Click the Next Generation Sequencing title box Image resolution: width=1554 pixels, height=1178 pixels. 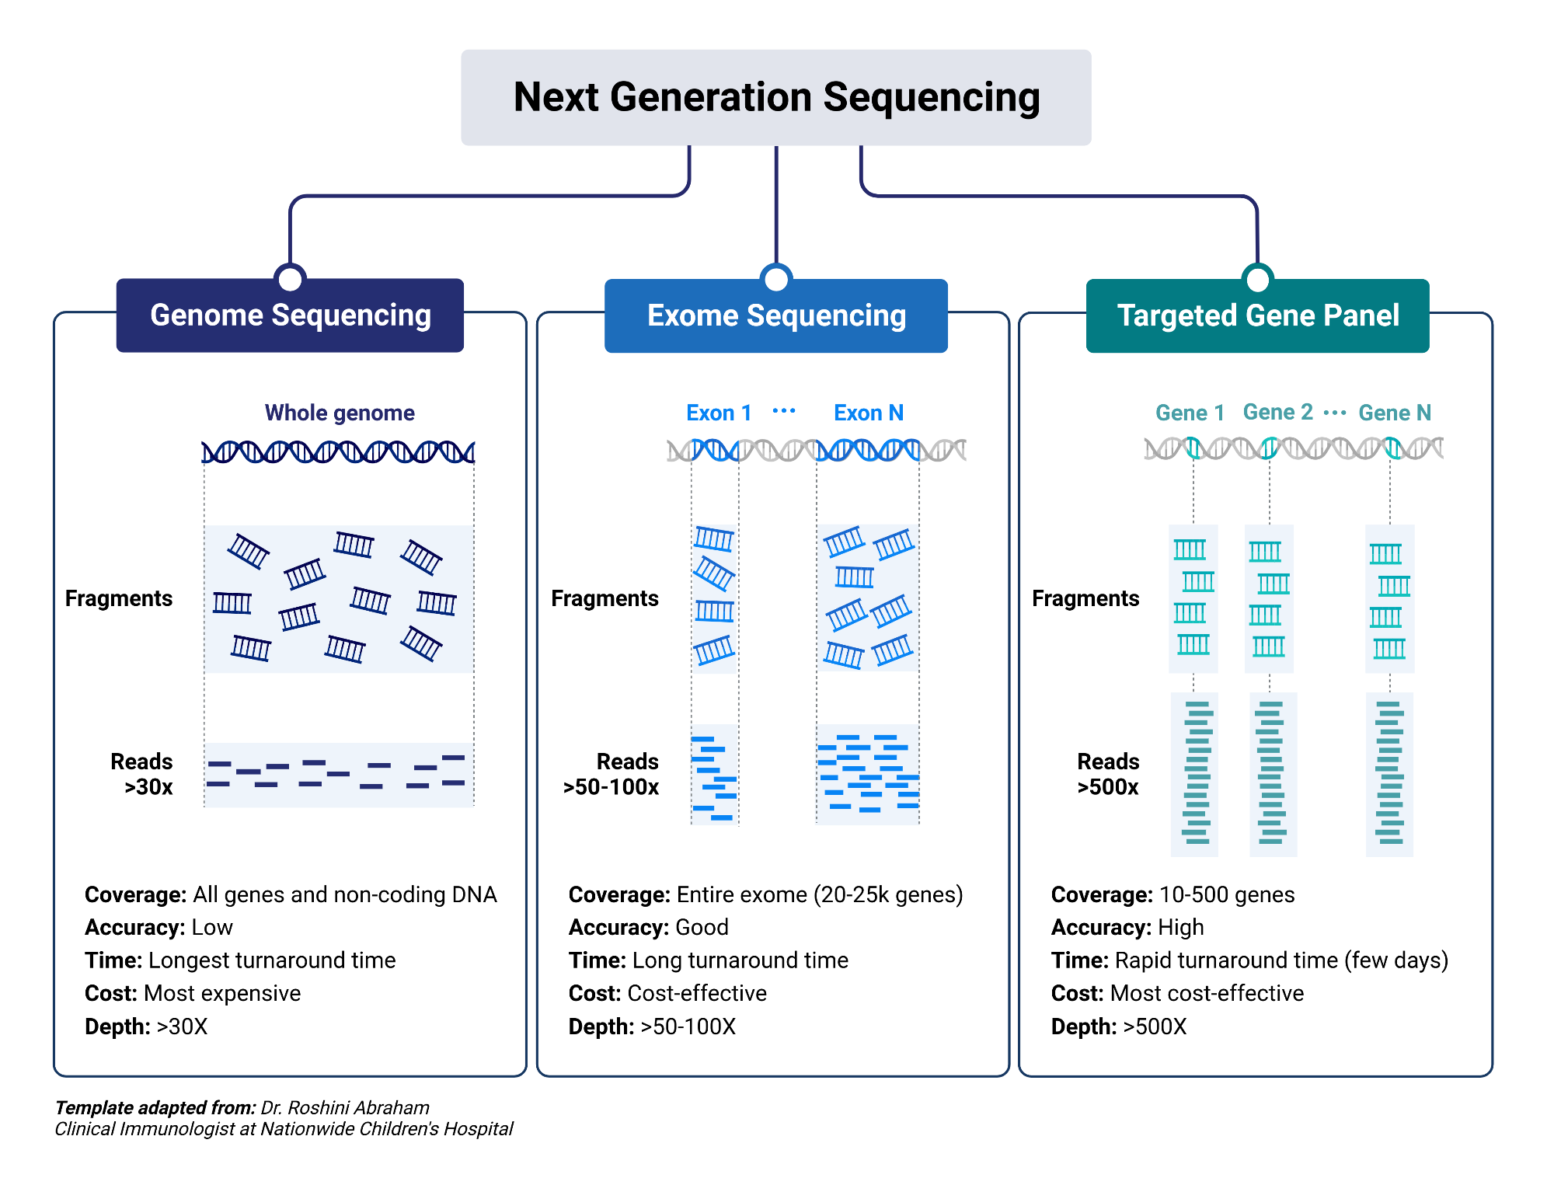click(x=775, y=98)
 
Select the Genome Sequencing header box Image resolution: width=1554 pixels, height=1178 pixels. click(x=290, y=315)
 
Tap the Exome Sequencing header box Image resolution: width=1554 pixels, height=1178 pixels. click(x=775, y=316)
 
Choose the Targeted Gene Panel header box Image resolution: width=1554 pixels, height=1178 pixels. click(x=1257, y=316)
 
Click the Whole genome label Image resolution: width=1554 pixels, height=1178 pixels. click(x=340, y=413)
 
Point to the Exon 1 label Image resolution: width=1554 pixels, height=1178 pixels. click(x=719, y=413)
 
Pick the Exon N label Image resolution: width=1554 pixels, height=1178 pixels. click(x=868, y=413)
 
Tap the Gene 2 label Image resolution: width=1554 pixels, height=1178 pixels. click(x=1277, y=412)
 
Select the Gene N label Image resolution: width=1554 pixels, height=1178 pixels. click(x=1394, y=413)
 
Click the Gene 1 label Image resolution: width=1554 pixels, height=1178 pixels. click(x=1190, y=413)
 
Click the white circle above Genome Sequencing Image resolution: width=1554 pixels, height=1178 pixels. click(x=290, y=278)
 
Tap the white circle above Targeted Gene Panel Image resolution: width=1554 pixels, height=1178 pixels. click(x=1257, y=278)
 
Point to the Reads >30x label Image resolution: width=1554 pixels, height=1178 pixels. click(x=143, y=774)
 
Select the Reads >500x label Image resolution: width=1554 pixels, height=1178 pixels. click(x=1108, y=774)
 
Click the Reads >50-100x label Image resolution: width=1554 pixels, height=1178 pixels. click(x=612, y=774)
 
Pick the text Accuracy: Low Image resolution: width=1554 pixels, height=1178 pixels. click(x=159, y=927)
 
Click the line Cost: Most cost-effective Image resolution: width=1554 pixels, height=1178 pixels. click(x=1176, y=993)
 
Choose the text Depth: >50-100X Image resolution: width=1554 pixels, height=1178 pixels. click(x=651, y=1026)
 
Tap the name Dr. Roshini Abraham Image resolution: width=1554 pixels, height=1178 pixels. click(x=345, y=1107)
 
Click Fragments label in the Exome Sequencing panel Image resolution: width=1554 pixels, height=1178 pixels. click(x=605, y=598)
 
